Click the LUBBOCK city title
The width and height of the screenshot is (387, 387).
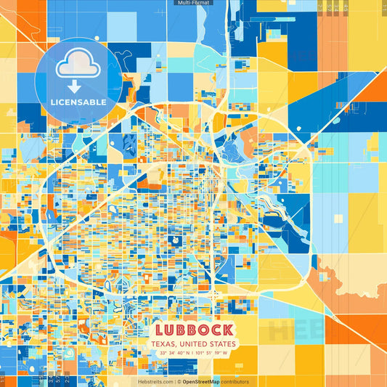point(193,329)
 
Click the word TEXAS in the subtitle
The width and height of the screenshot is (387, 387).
point(162,343)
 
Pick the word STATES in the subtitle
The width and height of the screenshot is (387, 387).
point(222,343)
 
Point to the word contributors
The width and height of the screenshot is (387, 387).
point(235,381)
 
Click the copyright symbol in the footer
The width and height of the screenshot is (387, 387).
point(178,381)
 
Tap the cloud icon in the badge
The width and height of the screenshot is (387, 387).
point(78,64)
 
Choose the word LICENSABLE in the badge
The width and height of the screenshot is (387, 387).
point(78,102)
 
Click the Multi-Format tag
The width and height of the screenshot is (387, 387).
point(193,3)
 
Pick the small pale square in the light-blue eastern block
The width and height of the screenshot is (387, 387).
point(338,218)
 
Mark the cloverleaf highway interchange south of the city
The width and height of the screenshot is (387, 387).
point(213,295)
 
